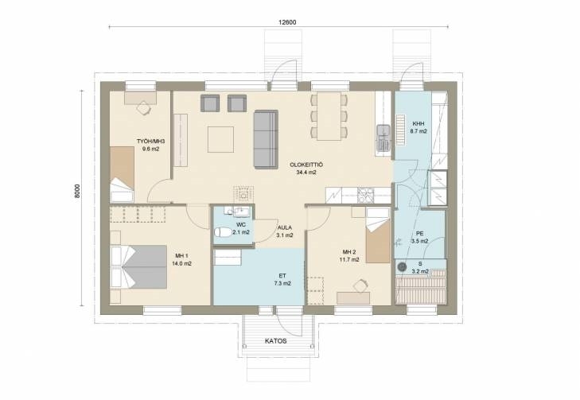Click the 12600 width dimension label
pyautogui.click(x=287, y=22)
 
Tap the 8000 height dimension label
pyautogui.click(x=77, y=191)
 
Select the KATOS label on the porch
pyautogui.click(x=276, y=341)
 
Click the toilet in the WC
pyautogui.click(x=223, y=232)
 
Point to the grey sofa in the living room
pyautogui.click(x=266, y=139)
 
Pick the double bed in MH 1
pyautogui.click(x=138, y=266)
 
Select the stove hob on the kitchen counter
pyautogui.click(x=365, y=195)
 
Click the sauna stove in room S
pyautogui.click(x=402, y=267)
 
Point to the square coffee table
pyautogui.click(x=220, y=139)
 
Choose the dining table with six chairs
pyautogui.click(x=329, y=116)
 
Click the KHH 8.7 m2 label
pyautogui.click(x=418, y=127)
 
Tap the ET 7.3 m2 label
pyautogui.click(x=282, y=279)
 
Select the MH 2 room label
pyautogui.click(x=348, y=252)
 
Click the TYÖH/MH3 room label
pyautogui.click(x=150, y=142)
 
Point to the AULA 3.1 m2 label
pyautogui.click(x=285, y=231)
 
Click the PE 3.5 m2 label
pyautogui.click(x=420, y=237)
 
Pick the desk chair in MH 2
pyautogui.click(x=360, y=285)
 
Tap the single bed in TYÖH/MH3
pyautogui.click(x=122, y=174)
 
